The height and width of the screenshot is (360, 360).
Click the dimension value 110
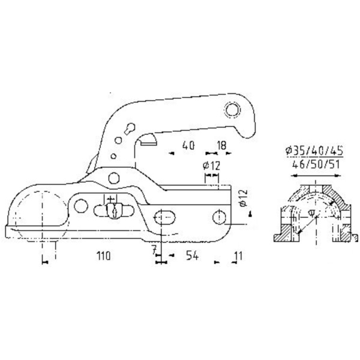point(103,256)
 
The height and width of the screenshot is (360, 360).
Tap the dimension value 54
point(192,256)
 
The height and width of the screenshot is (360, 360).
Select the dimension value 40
point(188,146)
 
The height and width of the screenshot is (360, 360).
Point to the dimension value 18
point(221,145)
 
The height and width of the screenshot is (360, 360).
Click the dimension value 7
point(155,250)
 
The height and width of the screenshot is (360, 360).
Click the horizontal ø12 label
point(211,166)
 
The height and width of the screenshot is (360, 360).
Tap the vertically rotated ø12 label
point(244,197)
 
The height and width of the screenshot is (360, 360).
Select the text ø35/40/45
point(314,151)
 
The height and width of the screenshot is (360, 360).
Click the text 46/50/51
point(316,164)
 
